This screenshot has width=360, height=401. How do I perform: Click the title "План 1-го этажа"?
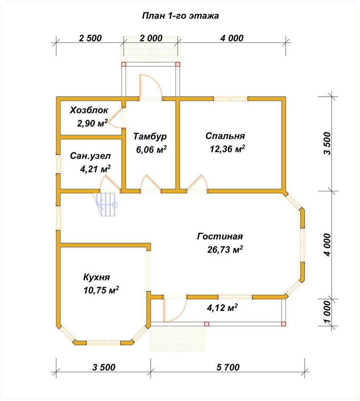(180, 16)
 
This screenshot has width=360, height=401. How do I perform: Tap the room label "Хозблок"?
(89, 110)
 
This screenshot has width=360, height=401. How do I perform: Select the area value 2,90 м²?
(92, 123)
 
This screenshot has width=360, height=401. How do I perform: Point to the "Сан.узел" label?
(90, 156)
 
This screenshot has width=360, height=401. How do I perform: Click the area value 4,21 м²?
(95, 169)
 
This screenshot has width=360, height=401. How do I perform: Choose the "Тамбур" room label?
(150, 136)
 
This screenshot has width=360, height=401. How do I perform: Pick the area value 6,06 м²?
(152, 149)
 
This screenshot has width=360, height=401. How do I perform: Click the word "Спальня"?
(225, 136)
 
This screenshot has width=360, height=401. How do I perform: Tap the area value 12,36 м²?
(227, 149)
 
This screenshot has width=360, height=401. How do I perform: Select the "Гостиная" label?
(220, 236)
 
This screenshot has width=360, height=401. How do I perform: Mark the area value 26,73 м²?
(225, 249)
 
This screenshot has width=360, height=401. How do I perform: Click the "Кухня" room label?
(97, 277)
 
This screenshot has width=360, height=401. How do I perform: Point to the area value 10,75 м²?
(101, 290)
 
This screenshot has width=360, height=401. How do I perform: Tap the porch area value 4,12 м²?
(222, 308)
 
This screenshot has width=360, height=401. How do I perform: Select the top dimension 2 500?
(90, 38)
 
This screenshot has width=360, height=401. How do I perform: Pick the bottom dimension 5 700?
(228, 367)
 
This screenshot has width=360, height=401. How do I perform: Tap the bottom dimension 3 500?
(103, 367)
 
